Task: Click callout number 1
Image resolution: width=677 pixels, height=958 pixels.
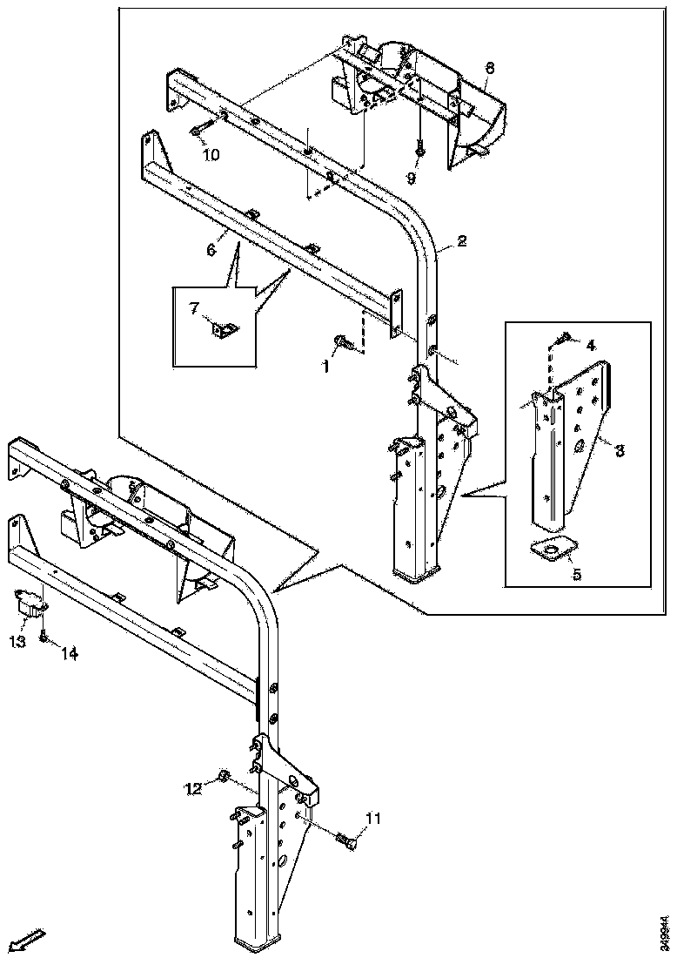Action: [x=326, y=367]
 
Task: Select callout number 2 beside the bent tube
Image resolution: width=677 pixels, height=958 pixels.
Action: [x=462, y=241]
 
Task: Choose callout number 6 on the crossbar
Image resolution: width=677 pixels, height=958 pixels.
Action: [x=210, y=249]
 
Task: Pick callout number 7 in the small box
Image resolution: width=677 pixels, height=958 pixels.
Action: [x=194, y=307]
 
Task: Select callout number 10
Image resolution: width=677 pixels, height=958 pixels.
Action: [x=211, y=155]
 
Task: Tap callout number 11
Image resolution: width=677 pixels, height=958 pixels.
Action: [x=373, y=818]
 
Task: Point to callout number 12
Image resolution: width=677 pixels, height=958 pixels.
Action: [x=192, y=788]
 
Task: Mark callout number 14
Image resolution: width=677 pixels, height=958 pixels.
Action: [x=69, y=654]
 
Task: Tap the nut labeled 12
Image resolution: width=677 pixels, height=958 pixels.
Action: [x=223, y=776]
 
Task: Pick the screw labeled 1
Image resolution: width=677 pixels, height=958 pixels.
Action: [x=342, y=342]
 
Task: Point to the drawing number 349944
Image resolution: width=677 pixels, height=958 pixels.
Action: [x=665, y=931]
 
